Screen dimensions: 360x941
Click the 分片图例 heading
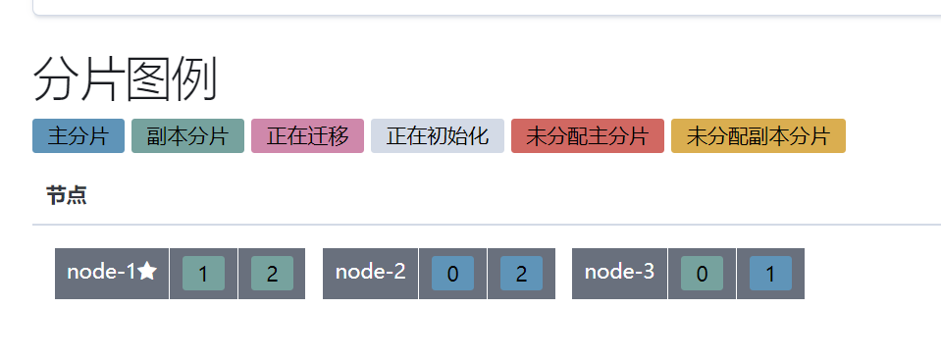coord(125,79)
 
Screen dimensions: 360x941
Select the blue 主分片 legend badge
coord(78,136)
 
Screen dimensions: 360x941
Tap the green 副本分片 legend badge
coord(187,136)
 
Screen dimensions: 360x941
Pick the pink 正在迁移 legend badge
coord(307,136)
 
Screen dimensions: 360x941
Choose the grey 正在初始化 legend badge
coord(437,136)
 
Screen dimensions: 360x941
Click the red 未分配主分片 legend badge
coord(587,136)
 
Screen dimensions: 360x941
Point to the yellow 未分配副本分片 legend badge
coord(758,136)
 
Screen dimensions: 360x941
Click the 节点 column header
coord(66,195)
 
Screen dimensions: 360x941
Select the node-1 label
coord(101,272)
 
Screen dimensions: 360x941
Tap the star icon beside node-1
coord(147,272)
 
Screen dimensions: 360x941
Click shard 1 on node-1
coord(203,274)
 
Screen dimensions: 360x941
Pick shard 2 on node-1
coord(272,274)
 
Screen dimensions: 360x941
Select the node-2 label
coord(370,272)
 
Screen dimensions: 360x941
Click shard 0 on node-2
coord(452,274)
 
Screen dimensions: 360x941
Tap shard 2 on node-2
coord(521,274)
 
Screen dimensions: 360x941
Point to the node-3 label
coord(619,272)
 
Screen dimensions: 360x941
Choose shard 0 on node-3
coord(702,274)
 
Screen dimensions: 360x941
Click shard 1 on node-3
coord(770,274)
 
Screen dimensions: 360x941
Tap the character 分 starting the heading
coord(55,79)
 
